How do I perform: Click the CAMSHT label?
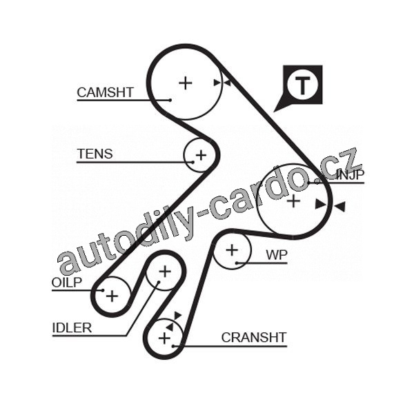coord(105,92)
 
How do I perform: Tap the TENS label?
coord(95,154)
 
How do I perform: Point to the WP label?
coord(277,254)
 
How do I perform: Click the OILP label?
coord(67,282)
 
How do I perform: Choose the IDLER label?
coord(72,327)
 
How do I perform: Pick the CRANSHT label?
coord(253,337)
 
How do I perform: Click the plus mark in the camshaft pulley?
coord(185,83)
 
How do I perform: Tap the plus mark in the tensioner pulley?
coord(201,154)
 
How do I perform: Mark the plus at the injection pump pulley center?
coord(293,201)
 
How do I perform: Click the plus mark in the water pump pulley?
coord(232,250)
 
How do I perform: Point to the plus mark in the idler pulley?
coord(164,272)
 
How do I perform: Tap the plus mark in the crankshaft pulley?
coord(164,338)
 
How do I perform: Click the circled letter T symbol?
coord(302,85)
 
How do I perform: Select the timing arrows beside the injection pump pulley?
coord(330,205)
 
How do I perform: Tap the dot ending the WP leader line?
coord(237,263)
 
